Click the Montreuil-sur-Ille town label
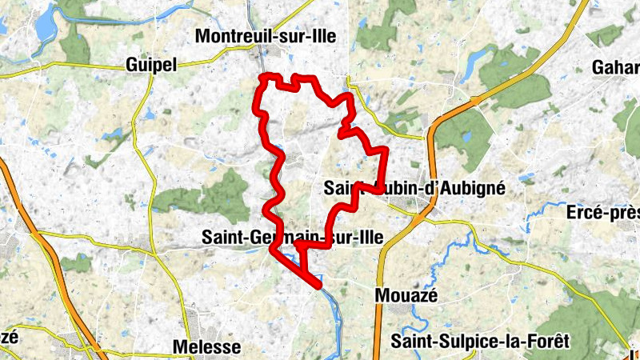(266, 36)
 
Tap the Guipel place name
(151, 65)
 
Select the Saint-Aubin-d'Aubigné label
(414, 188)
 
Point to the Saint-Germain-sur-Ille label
(293, 237)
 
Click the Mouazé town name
(406, 296)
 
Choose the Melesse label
(206, 346)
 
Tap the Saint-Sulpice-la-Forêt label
(480, 342)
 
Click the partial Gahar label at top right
(614, 68)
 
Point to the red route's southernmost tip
(318, 284)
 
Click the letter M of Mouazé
(382, 296)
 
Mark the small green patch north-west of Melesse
(75, 263)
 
